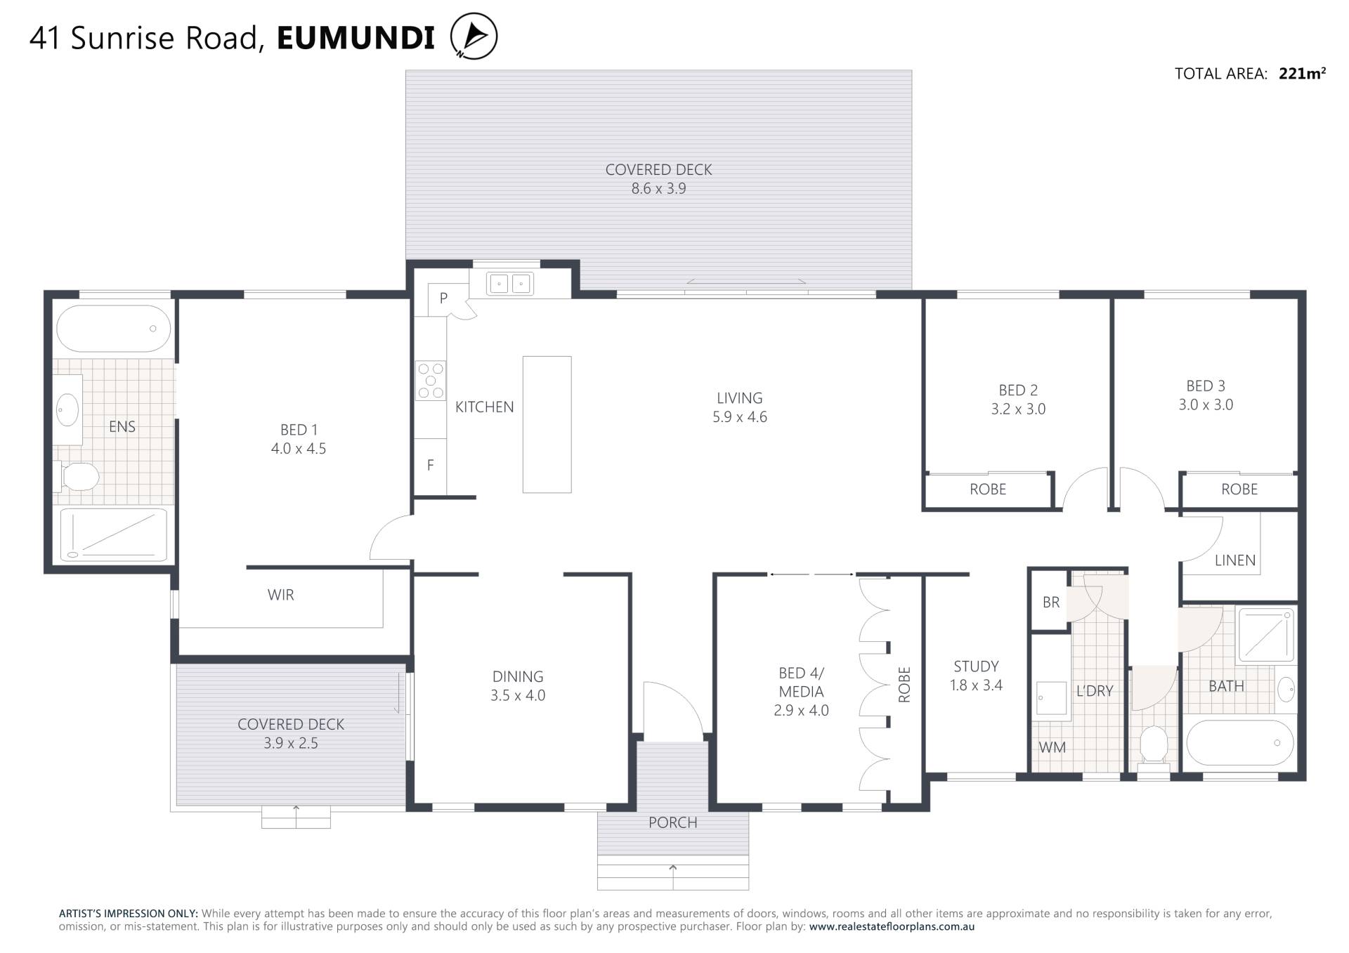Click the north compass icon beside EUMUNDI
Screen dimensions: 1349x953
click(474, 36)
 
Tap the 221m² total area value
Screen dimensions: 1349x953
click(1302, 73)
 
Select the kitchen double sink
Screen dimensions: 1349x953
click(510, 284)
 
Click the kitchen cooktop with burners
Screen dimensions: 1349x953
click(430, 381)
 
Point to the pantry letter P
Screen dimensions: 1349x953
click(443, 298)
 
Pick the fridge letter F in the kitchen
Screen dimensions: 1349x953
click(430, 465)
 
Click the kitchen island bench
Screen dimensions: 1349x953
click(547, 424)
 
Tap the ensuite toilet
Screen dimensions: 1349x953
click(76, 476)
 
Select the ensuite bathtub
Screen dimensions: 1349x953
click(113, 329)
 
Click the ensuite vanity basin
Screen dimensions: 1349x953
click(67, 409)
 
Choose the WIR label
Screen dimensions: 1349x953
click(280, 595)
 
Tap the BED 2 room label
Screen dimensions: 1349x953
click(1018, 390)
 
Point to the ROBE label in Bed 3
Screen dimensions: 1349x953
click(1239, 489)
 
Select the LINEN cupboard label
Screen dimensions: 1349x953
click(1235, 560)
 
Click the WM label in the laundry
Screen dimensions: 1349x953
click(1053, 747)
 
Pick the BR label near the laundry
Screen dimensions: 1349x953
click(1051, 602)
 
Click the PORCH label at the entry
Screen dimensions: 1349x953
click(672, 822)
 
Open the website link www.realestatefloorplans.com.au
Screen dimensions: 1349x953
click(892, 926)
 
